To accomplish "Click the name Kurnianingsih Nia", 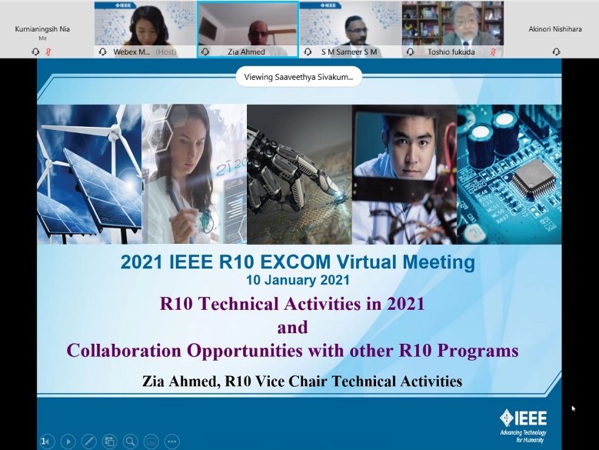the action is click(42, 28).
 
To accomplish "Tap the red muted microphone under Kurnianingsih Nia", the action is click(48, 52).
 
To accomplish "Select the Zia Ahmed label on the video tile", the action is click(246, 52).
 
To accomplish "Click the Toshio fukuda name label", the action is click(451, 52).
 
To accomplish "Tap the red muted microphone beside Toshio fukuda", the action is click(493, 52).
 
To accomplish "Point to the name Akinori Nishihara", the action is click(555, 28).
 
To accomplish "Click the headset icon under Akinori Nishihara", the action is click(556, 52).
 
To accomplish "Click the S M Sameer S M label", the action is click(349, 52).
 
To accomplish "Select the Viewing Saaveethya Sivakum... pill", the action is click(299, 77).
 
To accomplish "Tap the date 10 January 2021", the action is click(298, 280).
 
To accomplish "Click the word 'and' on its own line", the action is click(293, 328).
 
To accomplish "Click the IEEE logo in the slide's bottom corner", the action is click(524, 425).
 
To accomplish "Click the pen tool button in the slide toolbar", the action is click(88, 442).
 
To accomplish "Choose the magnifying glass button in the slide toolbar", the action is click(130, 442).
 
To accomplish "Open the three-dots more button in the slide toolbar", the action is click(172, 442).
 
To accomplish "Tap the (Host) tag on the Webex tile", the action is click(166, 52).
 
